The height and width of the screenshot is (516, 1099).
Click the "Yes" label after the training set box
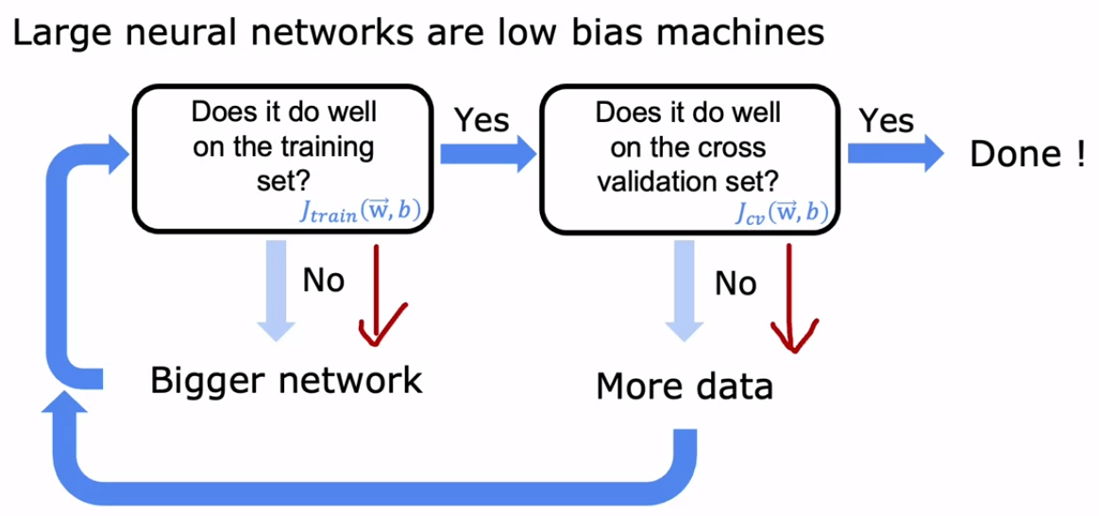pyautogui.click(x=482, y=121)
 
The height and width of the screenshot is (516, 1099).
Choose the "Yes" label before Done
pyautogui.click(x=887, y=121)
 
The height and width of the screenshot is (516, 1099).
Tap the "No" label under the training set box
pyautogui.click(x=324, y=281)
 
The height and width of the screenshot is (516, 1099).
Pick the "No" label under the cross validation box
pyautogui.click(x=735, y=284)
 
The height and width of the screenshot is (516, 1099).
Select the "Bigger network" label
pyautogui.click(x=287, y=381)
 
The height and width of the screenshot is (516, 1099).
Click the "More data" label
pyautogui.click(x=685, y=387)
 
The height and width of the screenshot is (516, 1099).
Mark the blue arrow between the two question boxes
pyautogui.click(x=488, y=154)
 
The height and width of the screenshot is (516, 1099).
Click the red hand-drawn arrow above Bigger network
pyautogui.click(x=379, y=295)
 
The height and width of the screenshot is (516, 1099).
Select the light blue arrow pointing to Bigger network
pyautogui.click(x=277, y=290)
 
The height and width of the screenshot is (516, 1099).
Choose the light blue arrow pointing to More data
pyautogui.click(x=685, y=290)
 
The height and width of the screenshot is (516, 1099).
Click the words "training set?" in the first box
pyautogui.click(x=283, y=164)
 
